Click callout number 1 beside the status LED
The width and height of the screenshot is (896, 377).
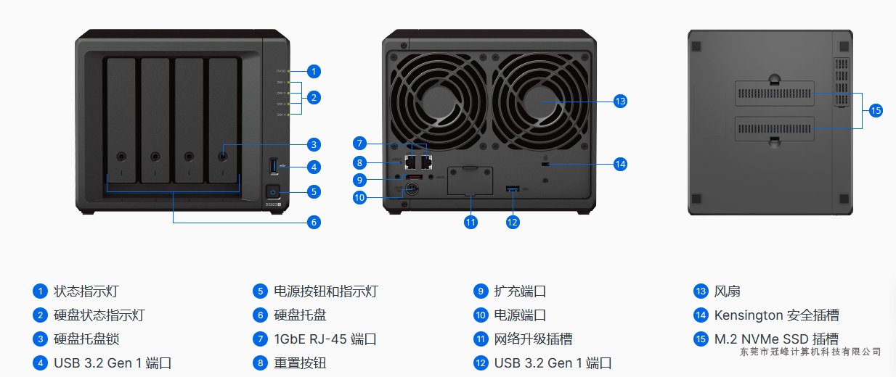pyautogui.click(x=313, y=71)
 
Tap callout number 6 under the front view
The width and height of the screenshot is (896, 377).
pyautogui.click(x=314, y=222)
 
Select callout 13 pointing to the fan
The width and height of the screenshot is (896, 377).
pyautogui.click(x=619, y=101)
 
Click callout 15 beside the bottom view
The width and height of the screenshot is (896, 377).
pyautogui.click(x=876, y=110)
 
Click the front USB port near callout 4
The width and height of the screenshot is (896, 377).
pyautogui.click(x=274, y=167)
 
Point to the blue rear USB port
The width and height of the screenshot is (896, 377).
pyautogui.click(x=512, y=189)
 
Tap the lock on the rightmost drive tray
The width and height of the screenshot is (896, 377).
pyautogui.click(x=223, y=155)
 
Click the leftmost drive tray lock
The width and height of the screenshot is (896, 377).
pyautogui.click(x=121, y=155)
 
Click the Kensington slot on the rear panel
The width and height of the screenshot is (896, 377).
pyautogui.click(x=545, y=165)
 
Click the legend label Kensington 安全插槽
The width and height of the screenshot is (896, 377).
pyautogui.click(x=776, y=315)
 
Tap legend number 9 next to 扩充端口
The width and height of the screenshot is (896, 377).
pyautogui.click(x=480, y=291)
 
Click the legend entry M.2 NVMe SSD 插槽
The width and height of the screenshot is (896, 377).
pyautogui.click(x=776, y=339)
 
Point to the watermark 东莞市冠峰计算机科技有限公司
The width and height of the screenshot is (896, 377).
pyautogui.click(x=810, y=352)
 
